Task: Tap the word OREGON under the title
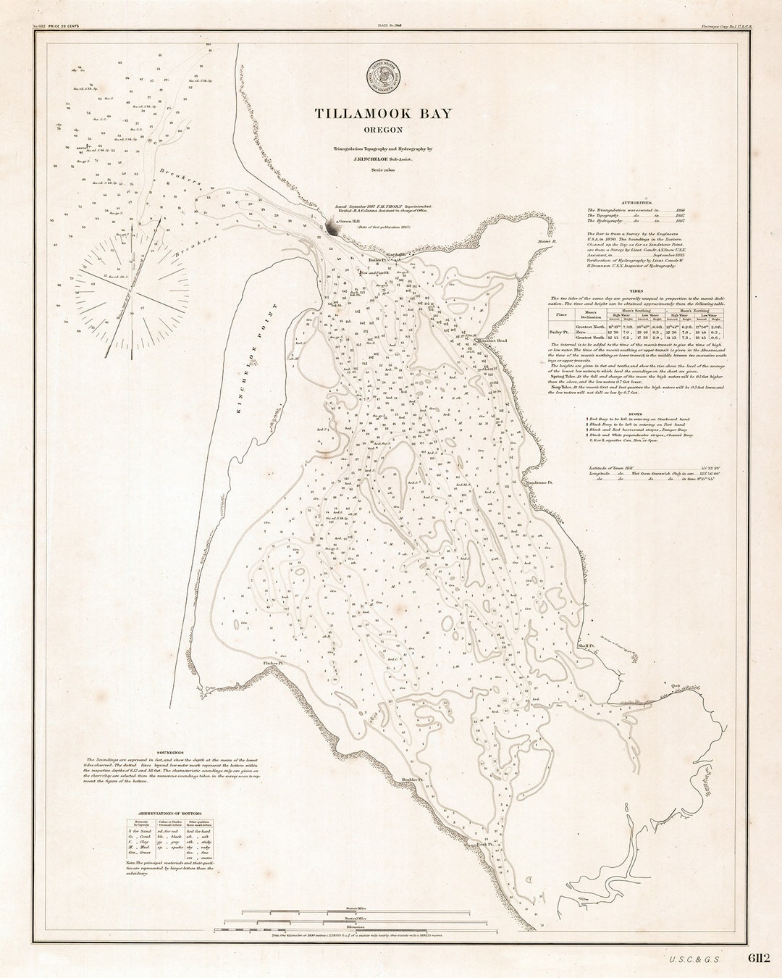point(383,130)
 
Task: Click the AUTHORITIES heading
point(632,203)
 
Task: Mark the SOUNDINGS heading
point(168,753)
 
